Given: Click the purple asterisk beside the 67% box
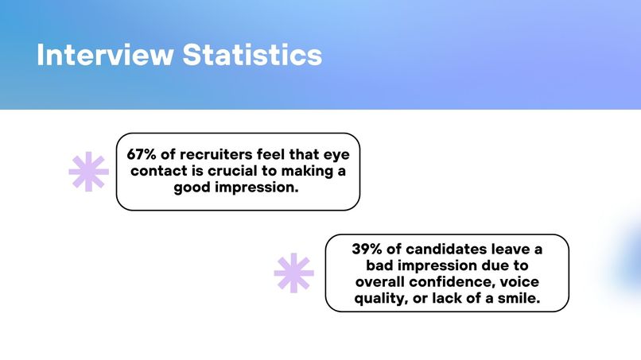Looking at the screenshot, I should (88, 171).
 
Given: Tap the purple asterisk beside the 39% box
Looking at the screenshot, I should (293, 273).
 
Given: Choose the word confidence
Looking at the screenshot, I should (471, 281).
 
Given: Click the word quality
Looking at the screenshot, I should (380, 297).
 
